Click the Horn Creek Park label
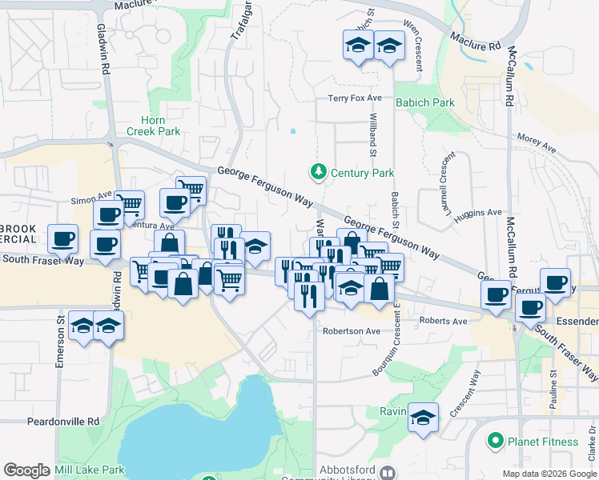coord(153,126)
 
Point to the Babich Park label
coord(424,102)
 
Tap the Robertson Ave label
coord(351,330)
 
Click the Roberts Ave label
coord(443,321)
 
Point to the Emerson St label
coord(60,345)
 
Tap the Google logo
coord(26,470)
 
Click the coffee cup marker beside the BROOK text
coord(63,238)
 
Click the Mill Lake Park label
coord(87,470)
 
